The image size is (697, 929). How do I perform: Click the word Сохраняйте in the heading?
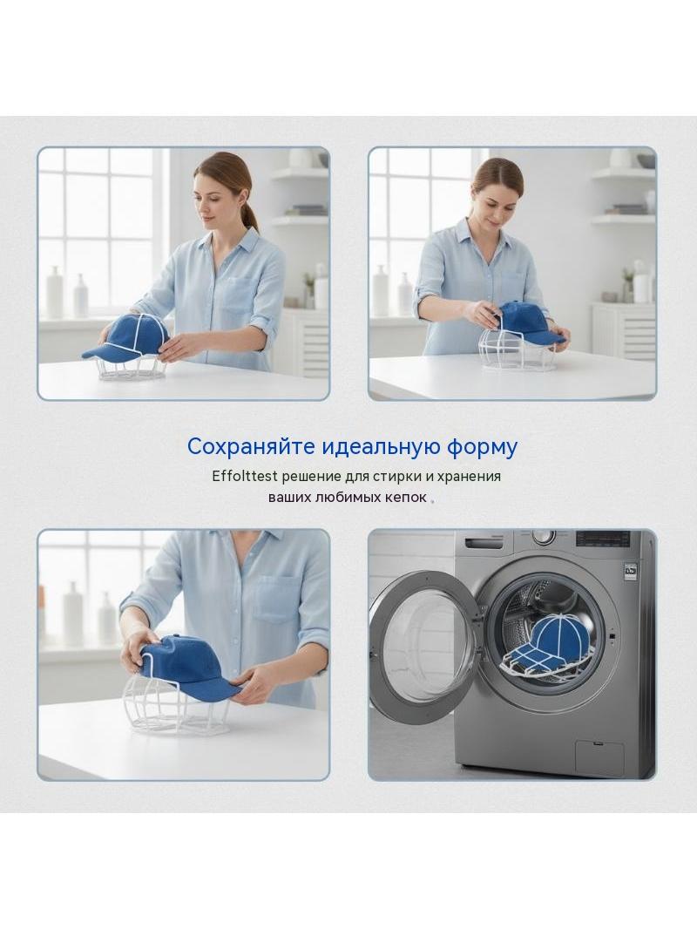[x=251, y=447]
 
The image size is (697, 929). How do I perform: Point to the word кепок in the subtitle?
[x=406, y=497]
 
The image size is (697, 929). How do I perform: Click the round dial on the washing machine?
[x=543, y=537]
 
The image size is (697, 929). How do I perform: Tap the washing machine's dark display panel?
[x=602, y=538]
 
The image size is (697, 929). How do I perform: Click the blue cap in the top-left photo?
[x=126, y=338]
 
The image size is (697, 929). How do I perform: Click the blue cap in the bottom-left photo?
[x=188, y=664]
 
